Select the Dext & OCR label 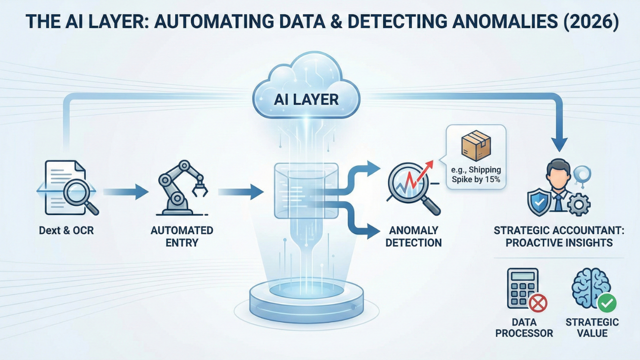tap(67, 231)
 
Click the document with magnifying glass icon tap(68, 187)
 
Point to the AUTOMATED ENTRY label tap(182, 236)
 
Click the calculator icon tap(522, 287)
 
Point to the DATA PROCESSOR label tap(524, 328)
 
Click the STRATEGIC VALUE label tap(592, 328)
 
